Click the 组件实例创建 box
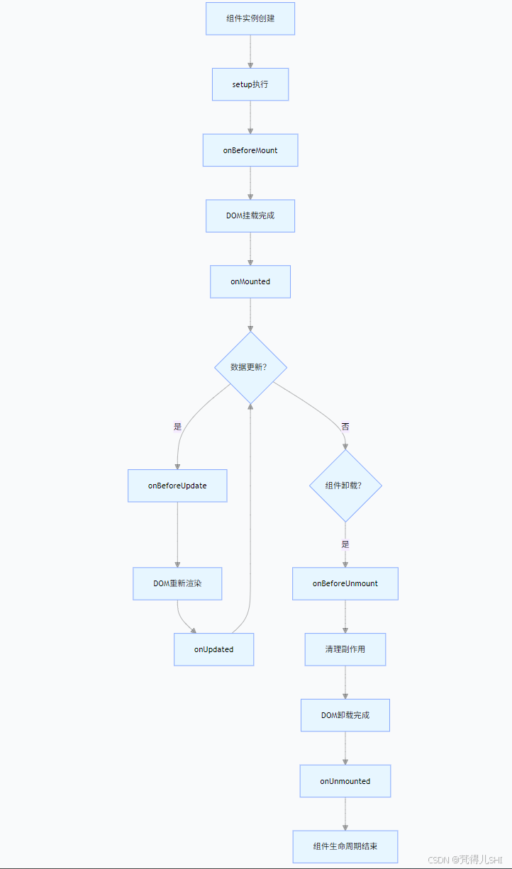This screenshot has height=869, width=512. (x=250, y=18)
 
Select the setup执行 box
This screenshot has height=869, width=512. (x=250, y=84)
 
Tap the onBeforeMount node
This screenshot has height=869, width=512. (x=250, y=150)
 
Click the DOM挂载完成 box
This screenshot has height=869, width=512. (x=250, y=215)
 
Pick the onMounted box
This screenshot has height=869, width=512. (x=250, y=281)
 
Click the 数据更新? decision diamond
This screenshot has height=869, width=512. (x=250, y=367)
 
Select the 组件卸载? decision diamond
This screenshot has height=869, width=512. (x=345, y=486)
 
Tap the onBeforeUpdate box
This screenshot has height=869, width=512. (x=177, y=486)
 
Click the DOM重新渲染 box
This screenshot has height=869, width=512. (x=177, y=583)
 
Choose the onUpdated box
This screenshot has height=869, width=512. (x=213, y=649)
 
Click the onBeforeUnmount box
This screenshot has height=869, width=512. (x=345, y=583)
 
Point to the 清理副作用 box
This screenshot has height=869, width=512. (x=345, y=649)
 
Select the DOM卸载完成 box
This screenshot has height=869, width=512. (x=345, y=715)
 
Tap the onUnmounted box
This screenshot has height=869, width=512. (x=345, y=781)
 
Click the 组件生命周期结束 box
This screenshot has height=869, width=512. (x=345, y=846)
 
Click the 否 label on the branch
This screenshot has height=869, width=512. (x=345, y=427)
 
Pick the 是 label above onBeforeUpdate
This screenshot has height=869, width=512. (x=177, y=427)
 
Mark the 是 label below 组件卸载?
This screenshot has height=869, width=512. (x=345, y=544)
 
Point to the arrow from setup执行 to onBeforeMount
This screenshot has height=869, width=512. (x=250, y=117)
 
